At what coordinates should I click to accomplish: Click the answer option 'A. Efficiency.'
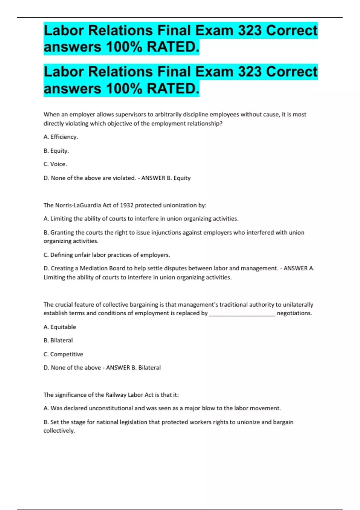[61, 137]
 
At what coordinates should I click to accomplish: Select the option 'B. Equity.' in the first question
[56, 151]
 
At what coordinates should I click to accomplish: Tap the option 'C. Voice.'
[55, 164]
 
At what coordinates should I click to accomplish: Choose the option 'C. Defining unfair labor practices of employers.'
[107, 255]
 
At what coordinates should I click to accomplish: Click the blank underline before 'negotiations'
[242, 313]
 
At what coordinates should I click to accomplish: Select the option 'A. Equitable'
[60, 327]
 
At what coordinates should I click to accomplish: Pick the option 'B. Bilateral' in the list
[58, 340]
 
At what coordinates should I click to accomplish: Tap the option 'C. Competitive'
[63, 354]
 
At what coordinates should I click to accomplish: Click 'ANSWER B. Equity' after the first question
[166, 178]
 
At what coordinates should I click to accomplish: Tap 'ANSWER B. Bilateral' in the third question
[133, 367]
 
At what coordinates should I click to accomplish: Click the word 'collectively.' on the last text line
[59, 430]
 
